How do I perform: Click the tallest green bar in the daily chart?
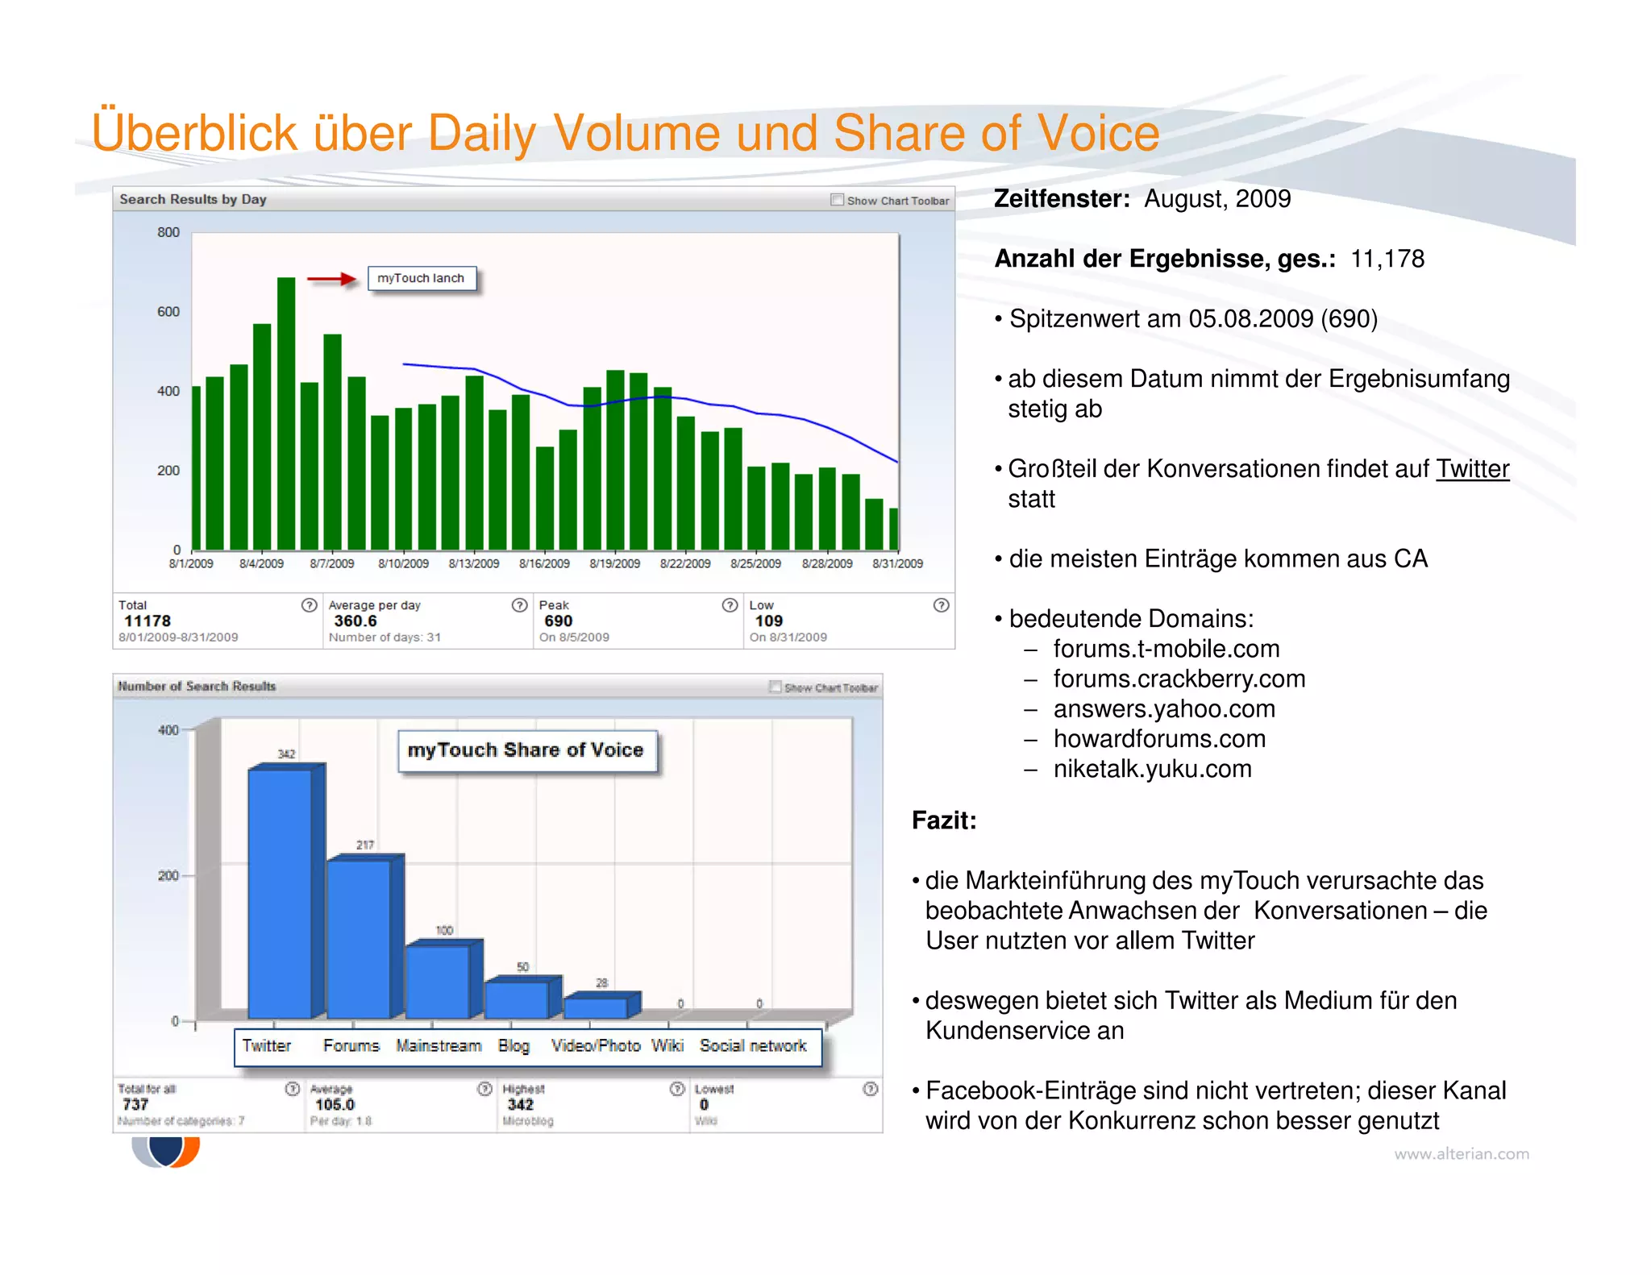[x=286, y=413]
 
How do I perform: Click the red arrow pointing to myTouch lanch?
[x=331, y=280]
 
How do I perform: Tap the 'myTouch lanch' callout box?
[x=422, y=278]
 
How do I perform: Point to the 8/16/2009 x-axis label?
[x=544, y=563]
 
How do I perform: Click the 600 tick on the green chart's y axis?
[x=168, y=312]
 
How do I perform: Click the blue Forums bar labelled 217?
[x=359, y=939]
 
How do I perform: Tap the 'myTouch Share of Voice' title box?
[x=526, y=750]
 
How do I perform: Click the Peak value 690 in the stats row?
[x=558, y=621]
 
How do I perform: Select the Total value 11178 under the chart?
[x=148, y=621]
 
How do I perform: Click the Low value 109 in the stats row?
[x=768, y=621]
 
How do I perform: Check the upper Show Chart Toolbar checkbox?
[x=837, y=200]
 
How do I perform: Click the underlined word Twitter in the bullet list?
[x=1472, y=468]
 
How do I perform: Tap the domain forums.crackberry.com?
[x=1179, y=679]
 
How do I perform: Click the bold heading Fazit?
[x=944, y=820]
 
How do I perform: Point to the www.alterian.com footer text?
[x=1461, y=1153]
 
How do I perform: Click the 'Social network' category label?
[x=752, y=1045]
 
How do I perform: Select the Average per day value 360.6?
[x=356, y=621]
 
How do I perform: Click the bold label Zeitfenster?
[x=1062, y=198]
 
